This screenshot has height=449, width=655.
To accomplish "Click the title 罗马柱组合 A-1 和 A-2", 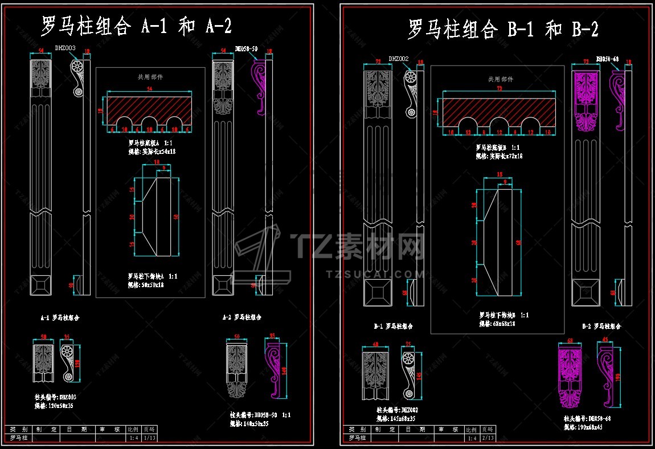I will pos(136,26).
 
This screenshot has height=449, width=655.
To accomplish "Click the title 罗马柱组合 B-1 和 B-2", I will pos(503,29).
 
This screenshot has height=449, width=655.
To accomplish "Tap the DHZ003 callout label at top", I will pos(65,48).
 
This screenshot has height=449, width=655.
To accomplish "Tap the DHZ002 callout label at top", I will pos(399,59).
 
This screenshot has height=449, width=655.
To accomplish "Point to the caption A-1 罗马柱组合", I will pos(60,317).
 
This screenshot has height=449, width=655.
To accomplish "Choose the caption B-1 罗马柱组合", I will pos(393,326).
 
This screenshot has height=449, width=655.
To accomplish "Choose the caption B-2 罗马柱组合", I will pos(601,326).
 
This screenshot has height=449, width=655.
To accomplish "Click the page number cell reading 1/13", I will pos(149,438).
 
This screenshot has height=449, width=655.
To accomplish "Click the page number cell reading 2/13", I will pos(488,438).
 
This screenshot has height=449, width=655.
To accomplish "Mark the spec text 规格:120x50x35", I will pos(54,406).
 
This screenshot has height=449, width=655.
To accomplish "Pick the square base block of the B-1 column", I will pos(375,294).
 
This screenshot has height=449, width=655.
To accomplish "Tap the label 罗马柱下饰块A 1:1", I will pos(153,276).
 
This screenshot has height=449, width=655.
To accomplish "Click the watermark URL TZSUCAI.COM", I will pos(375,274).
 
